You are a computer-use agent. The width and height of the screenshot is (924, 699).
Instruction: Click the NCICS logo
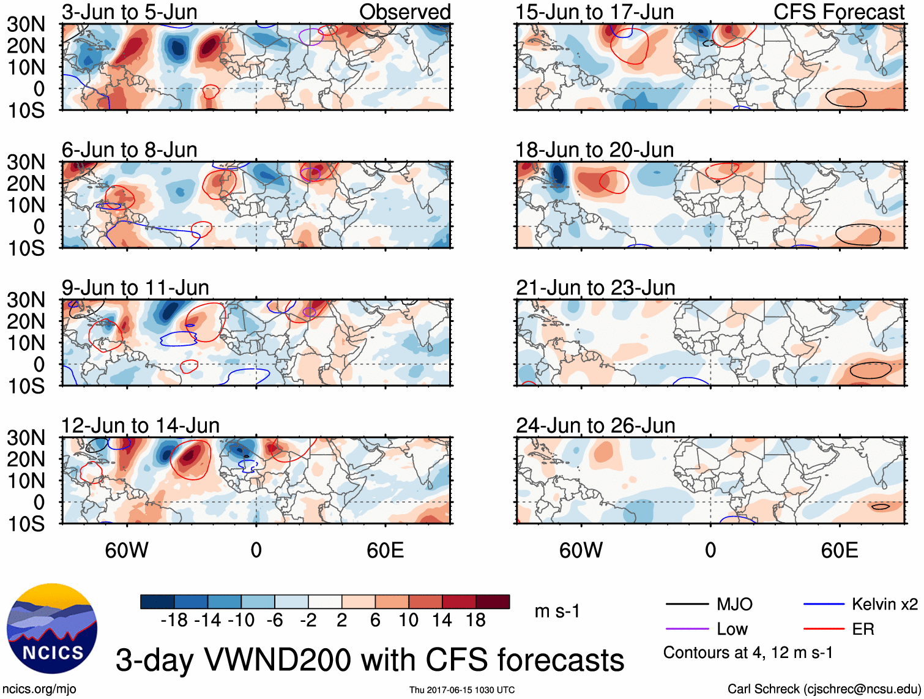[52, 629]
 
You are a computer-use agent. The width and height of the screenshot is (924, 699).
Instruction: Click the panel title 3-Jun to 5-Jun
[129, 12]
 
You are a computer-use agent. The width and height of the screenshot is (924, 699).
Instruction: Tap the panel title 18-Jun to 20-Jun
[594, 150]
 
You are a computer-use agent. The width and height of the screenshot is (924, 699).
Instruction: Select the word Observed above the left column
[404, 12]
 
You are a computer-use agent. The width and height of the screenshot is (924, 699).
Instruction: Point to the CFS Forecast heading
[838, 12]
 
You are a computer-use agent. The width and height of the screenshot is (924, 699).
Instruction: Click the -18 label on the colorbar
[174, 621]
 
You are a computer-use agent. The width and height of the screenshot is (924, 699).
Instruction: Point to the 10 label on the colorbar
[408, 621]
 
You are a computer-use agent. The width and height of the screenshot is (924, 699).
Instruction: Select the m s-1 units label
[557, 611]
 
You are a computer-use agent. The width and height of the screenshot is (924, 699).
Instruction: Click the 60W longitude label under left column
[127, 550]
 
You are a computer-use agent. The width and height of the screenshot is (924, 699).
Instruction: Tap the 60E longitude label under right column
[839, 550]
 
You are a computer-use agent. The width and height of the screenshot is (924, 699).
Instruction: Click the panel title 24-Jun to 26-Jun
[595, 425]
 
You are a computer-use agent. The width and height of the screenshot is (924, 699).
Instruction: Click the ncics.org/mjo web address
[39, 689]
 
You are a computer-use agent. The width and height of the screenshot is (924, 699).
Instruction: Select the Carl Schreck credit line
[824, 689]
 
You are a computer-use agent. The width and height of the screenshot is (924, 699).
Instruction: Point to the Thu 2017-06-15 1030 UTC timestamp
[462, 690]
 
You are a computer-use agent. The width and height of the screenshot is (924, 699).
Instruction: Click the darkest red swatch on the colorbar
[493, 602]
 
